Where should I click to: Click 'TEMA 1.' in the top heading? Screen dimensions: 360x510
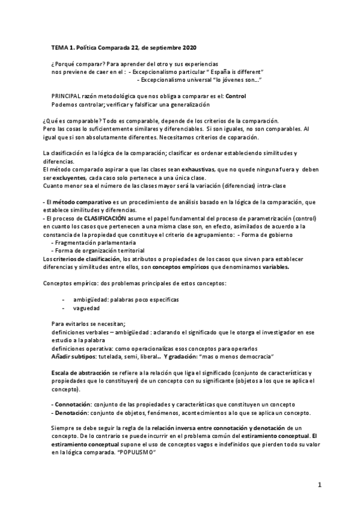click(x=63, y=47)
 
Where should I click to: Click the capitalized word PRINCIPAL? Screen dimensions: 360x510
click(x=69, y=96)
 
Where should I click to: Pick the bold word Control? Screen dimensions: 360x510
click(x=236, y=96)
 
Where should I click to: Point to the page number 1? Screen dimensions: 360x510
click(x=320, y=485)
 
